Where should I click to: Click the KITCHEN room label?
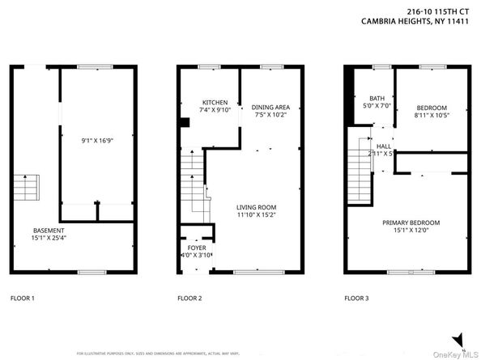tap(215, 103)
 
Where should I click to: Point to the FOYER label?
tap(196, 248)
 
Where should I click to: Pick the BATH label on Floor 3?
tap(377, 98)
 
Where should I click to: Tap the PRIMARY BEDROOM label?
tap(411, 222)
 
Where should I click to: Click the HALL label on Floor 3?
tap(384, 146)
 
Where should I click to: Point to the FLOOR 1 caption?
tap(22, 299)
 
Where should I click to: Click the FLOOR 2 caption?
tap(189, 299)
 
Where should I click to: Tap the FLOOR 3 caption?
tap(356, 299)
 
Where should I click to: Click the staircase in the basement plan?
tap(26, 188)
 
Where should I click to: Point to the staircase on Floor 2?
tap(193, 182)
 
